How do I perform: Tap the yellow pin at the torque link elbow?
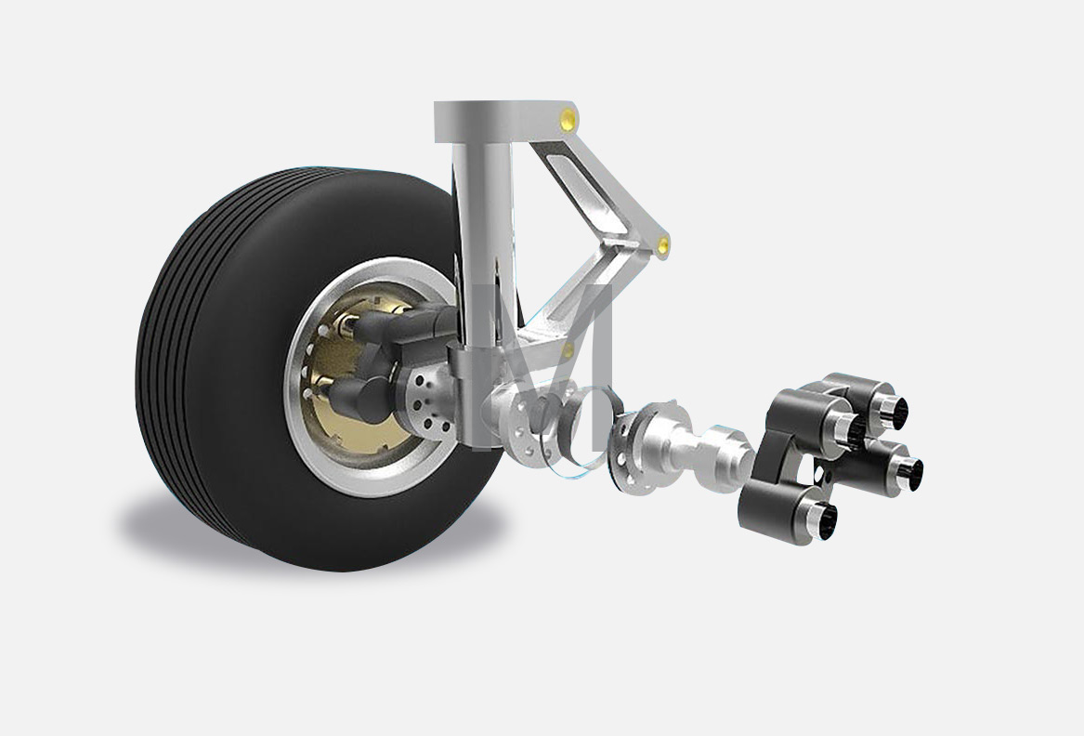coord(663,245)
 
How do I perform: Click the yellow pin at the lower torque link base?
coord(568,349)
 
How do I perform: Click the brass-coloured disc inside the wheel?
coord(346,374)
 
